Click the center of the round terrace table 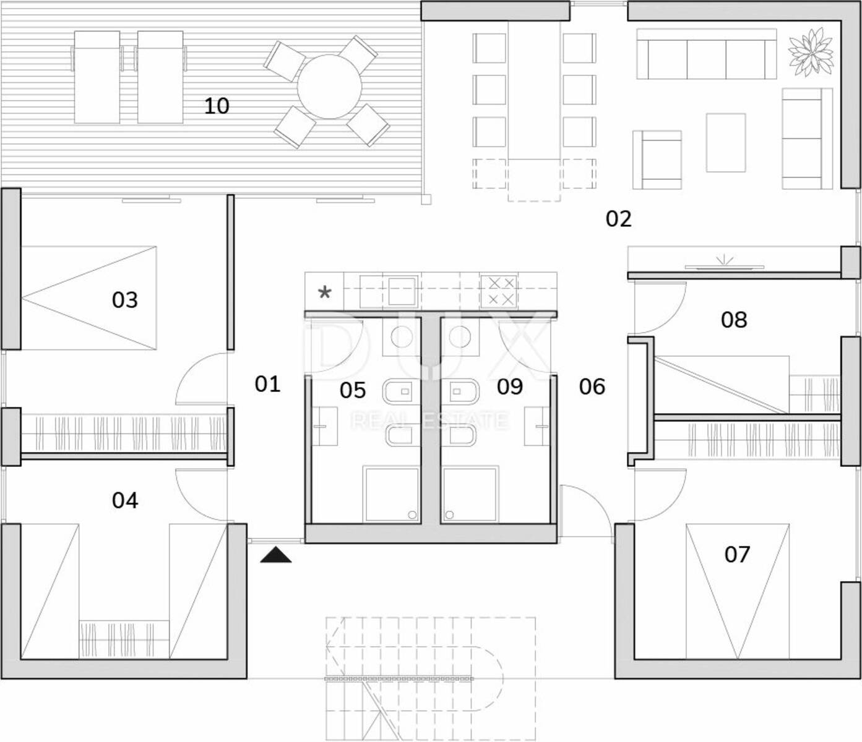coord(329,87)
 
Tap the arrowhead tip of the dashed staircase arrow coord(326,647)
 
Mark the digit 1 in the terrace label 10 coord(209,106)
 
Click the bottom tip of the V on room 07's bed coord(738,659)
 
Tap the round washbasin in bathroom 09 coord(460,336)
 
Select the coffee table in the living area coord(726,142)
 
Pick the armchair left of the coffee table coord(657,160)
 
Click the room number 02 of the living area coord(618,219)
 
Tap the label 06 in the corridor coord(592,386)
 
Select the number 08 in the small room coord(734,320)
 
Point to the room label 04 coord(125,500)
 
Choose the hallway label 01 coord(267,384)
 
